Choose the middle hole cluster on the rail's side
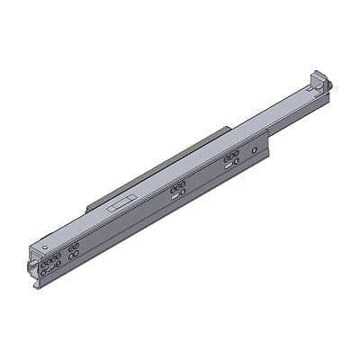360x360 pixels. [x=178, y=189]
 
